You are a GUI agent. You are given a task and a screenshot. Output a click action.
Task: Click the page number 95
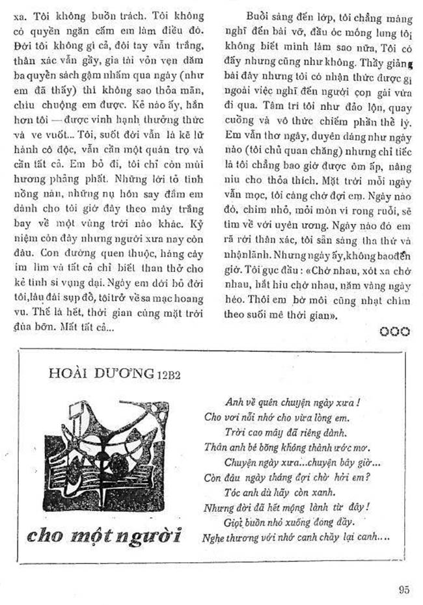(404, 590)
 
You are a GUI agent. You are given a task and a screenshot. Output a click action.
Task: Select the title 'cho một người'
(105, 535)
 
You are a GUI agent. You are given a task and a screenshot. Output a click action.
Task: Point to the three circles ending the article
(395, 331)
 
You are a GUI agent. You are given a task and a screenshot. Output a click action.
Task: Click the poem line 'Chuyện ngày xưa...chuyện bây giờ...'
(303, 463)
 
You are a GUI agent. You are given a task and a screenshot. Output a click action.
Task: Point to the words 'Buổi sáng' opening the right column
(266, 16)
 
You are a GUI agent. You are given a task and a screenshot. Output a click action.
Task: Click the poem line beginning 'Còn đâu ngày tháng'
(295, 477)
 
